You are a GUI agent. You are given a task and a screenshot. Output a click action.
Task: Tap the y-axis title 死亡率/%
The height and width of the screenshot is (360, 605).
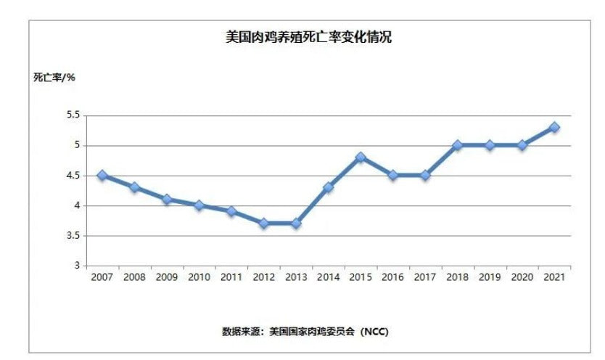click(x=54, y=77)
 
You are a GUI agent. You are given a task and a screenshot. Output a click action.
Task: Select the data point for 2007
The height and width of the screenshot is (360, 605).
click(x=102, y=176)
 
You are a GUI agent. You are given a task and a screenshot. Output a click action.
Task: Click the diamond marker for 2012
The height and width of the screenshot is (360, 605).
click(x=263, y=224)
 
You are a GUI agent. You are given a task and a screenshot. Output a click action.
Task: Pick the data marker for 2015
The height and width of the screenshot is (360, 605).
click(x=361, y=157)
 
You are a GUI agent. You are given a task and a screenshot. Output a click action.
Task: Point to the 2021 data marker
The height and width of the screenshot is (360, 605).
click(x=554, y=127)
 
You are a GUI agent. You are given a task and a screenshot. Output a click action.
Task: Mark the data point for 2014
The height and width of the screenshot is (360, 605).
click(x=328, y=187)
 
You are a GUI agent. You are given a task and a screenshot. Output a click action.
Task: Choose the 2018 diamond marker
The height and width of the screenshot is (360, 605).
click(x=457, y=145)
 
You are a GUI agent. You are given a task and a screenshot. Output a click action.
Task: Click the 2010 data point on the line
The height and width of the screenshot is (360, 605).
click(x=199, y=205)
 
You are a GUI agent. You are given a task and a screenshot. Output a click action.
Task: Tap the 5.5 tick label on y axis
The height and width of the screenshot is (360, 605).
click(x=73, y=115)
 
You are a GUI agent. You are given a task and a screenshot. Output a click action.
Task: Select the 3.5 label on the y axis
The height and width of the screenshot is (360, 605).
click(x=73, y=236)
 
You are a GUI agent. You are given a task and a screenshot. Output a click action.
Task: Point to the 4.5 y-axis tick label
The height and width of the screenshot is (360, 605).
click(x=73, y=176)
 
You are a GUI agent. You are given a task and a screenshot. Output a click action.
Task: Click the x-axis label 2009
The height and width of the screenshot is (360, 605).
click(x=167, y=277)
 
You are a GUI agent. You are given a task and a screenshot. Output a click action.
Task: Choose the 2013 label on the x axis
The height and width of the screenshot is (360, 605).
click(x=296, y=277)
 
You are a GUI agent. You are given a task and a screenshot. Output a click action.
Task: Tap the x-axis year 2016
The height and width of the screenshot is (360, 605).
click(x=392, y=277)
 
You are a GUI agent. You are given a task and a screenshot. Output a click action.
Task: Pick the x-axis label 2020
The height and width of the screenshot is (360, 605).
click(x=522, y=277)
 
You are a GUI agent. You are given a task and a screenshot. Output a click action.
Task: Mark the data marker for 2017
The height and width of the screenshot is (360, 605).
click(x=425, y=175)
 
